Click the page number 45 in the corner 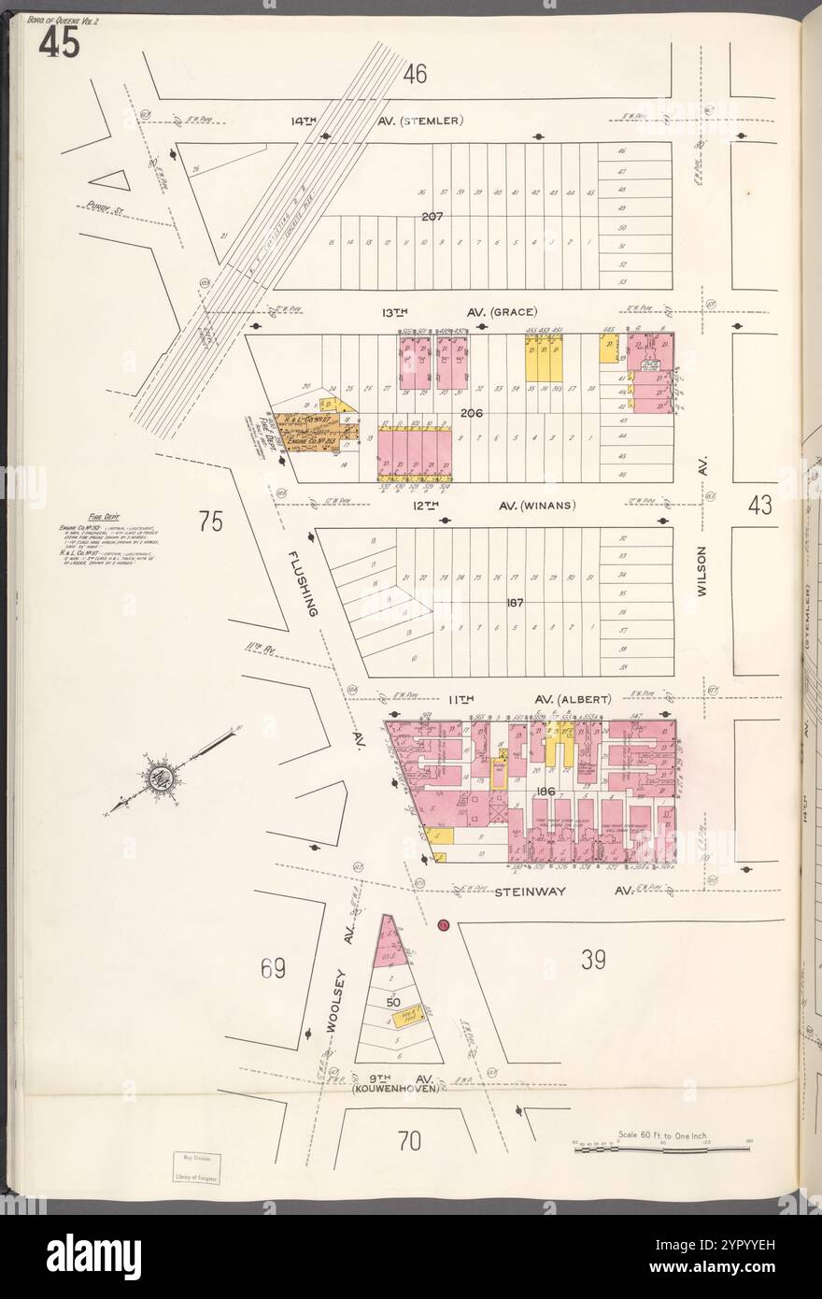point(58,44)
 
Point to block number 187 point(515,603)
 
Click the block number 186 point(546,792)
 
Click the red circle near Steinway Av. point(444,925)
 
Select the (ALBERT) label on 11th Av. point(585,699)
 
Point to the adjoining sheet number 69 point(272,969)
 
